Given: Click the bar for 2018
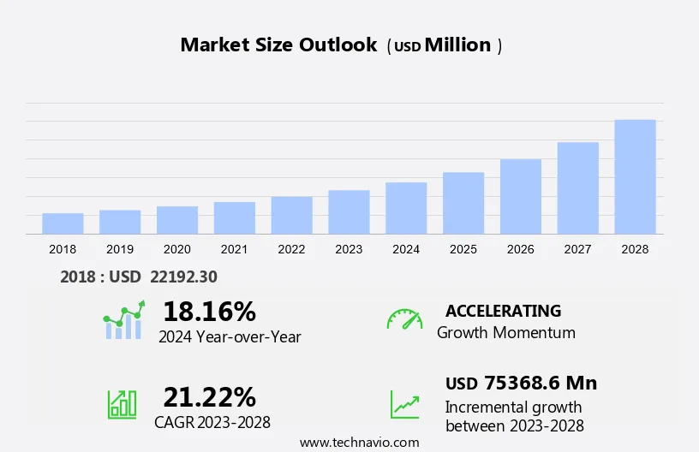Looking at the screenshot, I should click(x=63, y=223).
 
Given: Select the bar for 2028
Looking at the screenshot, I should click(x=635, y=177).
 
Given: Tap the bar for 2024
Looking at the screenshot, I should click(x=406, y=208).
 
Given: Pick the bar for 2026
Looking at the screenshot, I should click(x=521, y=197).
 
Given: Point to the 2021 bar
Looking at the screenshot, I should click(x=235, y=218).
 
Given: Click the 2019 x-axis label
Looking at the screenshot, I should click(x=120, y=249).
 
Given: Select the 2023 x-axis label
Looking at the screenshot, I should click(x=349, y=249).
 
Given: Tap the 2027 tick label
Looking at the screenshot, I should click(x=578, y=249).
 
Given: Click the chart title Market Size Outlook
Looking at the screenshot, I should click(x=278, y=45).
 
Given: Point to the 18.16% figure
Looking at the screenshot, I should click(x=209, y=311).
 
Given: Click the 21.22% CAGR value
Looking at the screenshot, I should click(x=209, y=397).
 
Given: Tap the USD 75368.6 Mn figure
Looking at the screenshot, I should click(x=521, y=383).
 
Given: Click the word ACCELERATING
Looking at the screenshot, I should click(x=503, y=311).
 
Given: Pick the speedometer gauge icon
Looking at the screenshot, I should click(x=404, y=319).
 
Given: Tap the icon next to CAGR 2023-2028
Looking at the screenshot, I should click(x=122, y=404).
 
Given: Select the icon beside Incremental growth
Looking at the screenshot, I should click(x=404, y=404).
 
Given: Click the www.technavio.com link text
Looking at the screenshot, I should click(x=359, y=443).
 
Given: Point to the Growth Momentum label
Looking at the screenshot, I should click(x=505, y=333).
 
